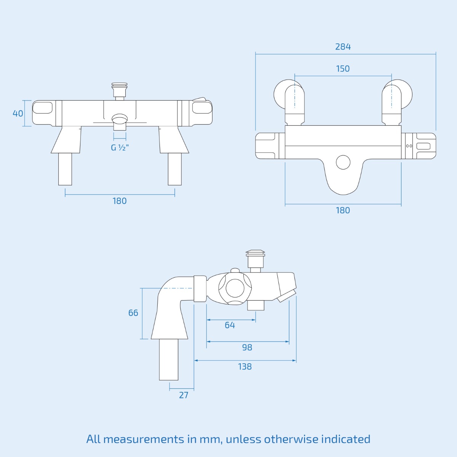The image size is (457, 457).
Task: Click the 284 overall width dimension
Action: (x=343, y=47)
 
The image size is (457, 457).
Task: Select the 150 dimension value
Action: (x=343, y=69)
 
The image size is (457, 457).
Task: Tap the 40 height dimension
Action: (x=18, y=113)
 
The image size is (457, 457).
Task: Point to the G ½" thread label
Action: (x=120, y=148)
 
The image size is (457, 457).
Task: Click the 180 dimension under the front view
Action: (x=120, y=201)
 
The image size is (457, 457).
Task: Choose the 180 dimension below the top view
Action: (x=343, y=210)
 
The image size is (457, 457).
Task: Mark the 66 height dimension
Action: (x=133, y=313)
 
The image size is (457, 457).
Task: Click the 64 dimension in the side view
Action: (x=230, y=325)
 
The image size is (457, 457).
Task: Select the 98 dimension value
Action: (x=247, y=347)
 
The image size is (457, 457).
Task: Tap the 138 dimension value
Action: (x=244, y=367)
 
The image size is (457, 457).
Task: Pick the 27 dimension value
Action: (x=184, y=395)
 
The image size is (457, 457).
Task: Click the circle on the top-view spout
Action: (x=343, y=162)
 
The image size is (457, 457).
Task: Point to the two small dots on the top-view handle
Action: (x=409, y=146)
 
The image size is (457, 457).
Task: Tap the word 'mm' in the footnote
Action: (x=210, y=439)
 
